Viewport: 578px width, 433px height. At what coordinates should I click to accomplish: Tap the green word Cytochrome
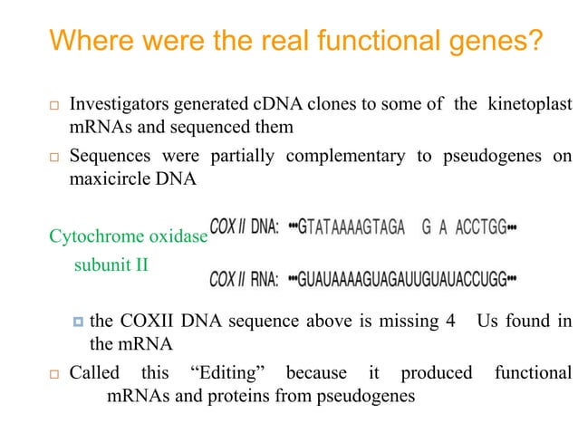pos(92,237)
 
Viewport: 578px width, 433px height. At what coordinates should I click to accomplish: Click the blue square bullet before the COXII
pos(78,321)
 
